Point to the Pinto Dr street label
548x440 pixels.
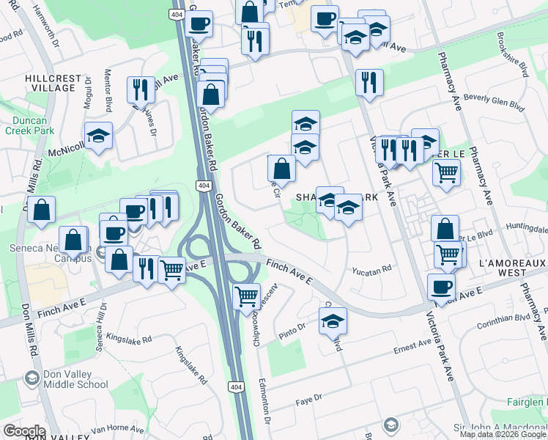click(292, 330)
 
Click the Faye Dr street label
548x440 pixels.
click(308, 399)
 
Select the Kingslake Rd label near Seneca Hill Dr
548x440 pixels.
click(128, 340)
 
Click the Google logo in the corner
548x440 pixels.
click(23, 431)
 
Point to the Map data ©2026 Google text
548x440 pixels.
click(503, 434)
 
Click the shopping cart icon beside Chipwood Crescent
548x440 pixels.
click(247, 296)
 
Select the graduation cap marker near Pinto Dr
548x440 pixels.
click(333, 320)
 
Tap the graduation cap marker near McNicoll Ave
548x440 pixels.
click(98, 136)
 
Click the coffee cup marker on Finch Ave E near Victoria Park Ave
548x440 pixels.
click(440, 287)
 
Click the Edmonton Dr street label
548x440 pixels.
click(264, 397)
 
